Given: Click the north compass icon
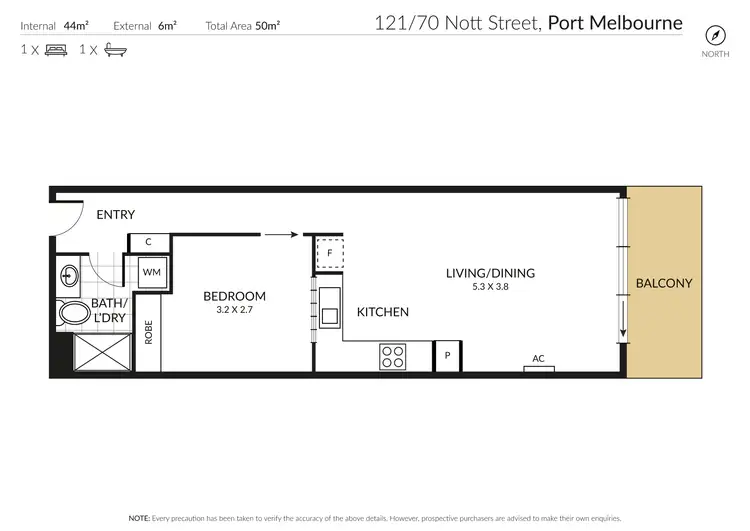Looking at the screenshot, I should point(714,33).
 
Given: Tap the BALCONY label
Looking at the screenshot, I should point(664,283).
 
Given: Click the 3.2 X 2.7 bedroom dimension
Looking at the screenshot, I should point(234,310).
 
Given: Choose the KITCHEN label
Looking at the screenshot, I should point(383,312).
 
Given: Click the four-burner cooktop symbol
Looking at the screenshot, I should point(391,355).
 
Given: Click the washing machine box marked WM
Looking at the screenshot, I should point(151,271).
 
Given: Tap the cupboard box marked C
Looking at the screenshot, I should point(148,242).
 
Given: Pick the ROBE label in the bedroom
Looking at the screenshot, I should point(148,331).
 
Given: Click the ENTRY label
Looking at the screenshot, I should point(115,215).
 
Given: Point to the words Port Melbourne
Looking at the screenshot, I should point(615,22).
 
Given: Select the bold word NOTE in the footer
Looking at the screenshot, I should point(139,519).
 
